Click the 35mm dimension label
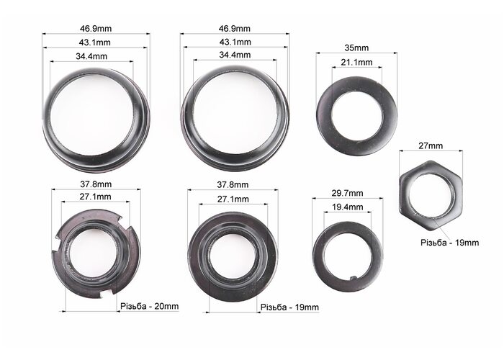pos(356,48)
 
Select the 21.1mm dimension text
pos(356,63)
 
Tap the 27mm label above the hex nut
pos(431,146)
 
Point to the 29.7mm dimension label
pos(347,193)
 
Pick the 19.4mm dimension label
pos(347,207)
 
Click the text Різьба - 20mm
pos(150,306)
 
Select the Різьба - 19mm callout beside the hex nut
pos(449,243)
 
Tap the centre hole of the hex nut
pos(431,195)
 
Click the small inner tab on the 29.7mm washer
pos(353,278)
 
